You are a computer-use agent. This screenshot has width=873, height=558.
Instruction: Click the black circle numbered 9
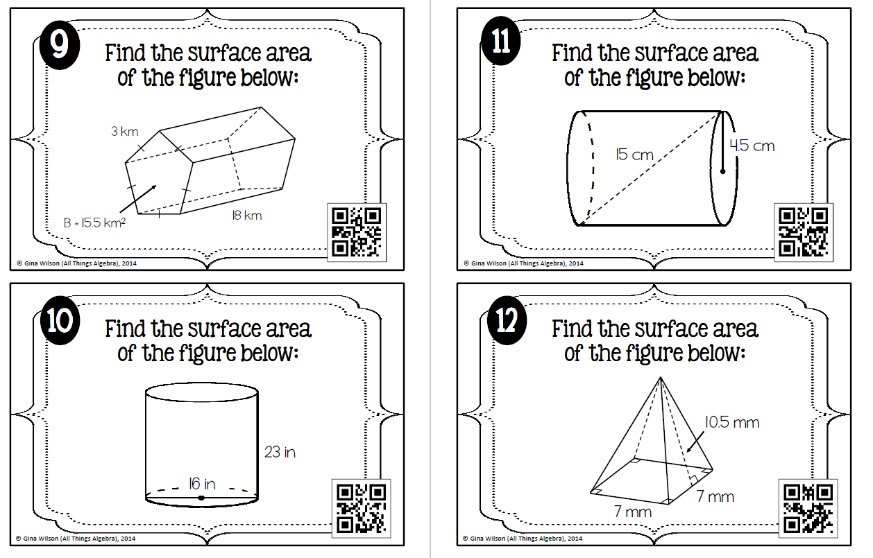tap(60, 45)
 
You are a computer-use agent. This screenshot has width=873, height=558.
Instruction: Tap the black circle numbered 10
tap(60, 320)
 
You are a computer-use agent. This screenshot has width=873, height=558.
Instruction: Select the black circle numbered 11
tap(501, 40)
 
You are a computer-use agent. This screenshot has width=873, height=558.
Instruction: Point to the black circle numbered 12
tap(507, 320)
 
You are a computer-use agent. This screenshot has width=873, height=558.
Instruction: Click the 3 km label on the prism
tap(125, 131)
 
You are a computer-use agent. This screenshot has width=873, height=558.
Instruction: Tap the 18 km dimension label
tap(246, 216)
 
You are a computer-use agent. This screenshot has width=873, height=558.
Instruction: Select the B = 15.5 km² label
tap(94, 223)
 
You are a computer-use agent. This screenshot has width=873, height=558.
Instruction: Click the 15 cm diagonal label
tap(634, 155)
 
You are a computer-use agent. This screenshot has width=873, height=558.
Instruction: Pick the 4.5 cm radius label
tap(752, 146)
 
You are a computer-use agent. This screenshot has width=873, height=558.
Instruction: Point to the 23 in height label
tap(280, 452)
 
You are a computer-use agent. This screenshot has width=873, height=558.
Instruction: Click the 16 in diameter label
tap(202, 484)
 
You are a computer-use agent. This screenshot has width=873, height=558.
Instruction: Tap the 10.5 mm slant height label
tap(732, 422)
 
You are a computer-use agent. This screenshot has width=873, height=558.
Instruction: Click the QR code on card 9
tap(357, 232)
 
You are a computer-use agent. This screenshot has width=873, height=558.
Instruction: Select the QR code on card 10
tap(361, 508)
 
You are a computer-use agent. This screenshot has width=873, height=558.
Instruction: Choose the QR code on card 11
tap(803, 232)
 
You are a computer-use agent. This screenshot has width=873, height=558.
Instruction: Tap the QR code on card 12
tap(808, 508)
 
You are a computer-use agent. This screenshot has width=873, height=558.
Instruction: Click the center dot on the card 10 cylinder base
tap(201, 498)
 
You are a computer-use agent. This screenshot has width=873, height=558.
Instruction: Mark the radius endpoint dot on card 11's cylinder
tap(722, 171)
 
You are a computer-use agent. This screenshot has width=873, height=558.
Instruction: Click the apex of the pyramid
tap(661, 377)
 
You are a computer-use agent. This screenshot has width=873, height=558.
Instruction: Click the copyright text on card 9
tap(77, 263)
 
